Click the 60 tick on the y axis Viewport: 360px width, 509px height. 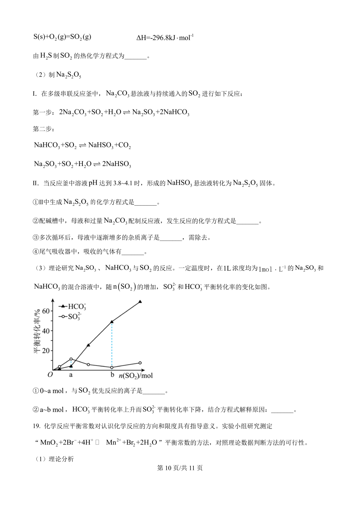pos(46,311)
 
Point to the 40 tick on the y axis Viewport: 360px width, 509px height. pos(46,331)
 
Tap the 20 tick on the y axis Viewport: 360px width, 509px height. pos(46,351)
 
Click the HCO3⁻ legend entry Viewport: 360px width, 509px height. pos(73,306)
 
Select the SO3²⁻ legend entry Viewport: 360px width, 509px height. pos(70,316)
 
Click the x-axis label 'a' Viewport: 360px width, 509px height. pos(71,375)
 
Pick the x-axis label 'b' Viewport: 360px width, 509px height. pos(112,375)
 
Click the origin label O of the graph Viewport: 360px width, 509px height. pos(50,375)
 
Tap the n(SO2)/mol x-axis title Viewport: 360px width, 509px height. pos(136,376)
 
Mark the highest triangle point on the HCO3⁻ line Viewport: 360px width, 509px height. pos(140,302)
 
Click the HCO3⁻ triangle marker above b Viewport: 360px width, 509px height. pos(112,322)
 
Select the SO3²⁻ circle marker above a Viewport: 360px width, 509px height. pos(71,359)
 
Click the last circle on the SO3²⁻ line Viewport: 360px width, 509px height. pos(140,363)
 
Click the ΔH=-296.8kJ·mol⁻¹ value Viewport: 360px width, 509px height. pos(165,38)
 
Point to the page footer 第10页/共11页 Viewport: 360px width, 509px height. pos(180,468)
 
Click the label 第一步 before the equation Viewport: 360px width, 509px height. pos(43,112)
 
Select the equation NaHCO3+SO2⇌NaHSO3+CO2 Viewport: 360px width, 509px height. pos(82,145)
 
